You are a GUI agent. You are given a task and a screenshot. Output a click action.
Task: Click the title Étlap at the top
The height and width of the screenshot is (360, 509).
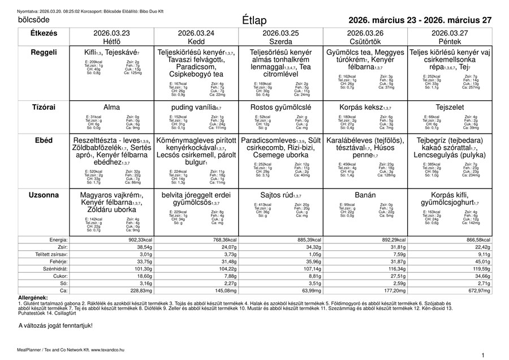254,20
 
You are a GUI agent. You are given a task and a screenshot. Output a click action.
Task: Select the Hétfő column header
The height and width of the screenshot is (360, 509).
111,42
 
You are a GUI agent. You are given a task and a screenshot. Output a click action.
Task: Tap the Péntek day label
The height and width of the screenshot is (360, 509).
450,42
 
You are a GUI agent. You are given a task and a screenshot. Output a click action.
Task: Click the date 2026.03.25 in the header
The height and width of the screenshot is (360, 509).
281,33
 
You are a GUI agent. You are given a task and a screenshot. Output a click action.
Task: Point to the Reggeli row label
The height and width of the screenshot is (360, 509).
44,52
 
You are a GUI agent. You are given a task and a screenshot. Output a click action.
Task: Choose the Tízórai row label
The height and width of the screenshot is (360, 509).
44,106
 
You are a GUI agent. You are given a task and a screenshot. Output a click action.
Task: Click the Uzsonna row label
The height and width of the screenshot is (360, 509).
44,195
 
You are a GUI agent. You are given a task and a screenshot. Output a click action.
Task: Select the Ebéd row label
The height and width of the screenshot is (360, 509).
44,140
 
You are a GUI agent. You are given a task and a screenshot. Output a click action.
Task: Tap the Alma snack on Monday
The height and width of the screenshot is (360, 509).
111,106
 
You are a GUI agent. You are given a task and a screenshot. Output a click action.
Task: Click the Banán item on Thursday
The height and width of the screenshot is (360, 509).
365,195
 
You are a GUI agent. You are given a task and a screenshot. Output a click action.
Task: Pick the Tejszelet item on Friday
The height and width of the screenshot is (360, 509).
450,106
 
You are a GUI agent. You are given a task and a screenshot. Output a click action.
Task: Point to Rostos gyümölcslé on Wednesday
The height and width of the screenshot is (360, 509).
281,106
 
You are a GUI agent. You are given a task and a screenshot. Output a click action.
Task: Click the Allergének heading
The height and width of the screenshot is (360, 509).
33,297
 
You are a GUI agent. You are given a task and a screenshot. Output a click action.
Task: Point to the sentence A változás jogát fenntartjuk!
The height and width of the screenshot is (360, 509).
55,325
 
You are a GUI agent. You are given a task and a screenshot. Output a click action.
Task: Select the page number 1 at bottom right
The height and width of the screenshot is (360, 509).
482,354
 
